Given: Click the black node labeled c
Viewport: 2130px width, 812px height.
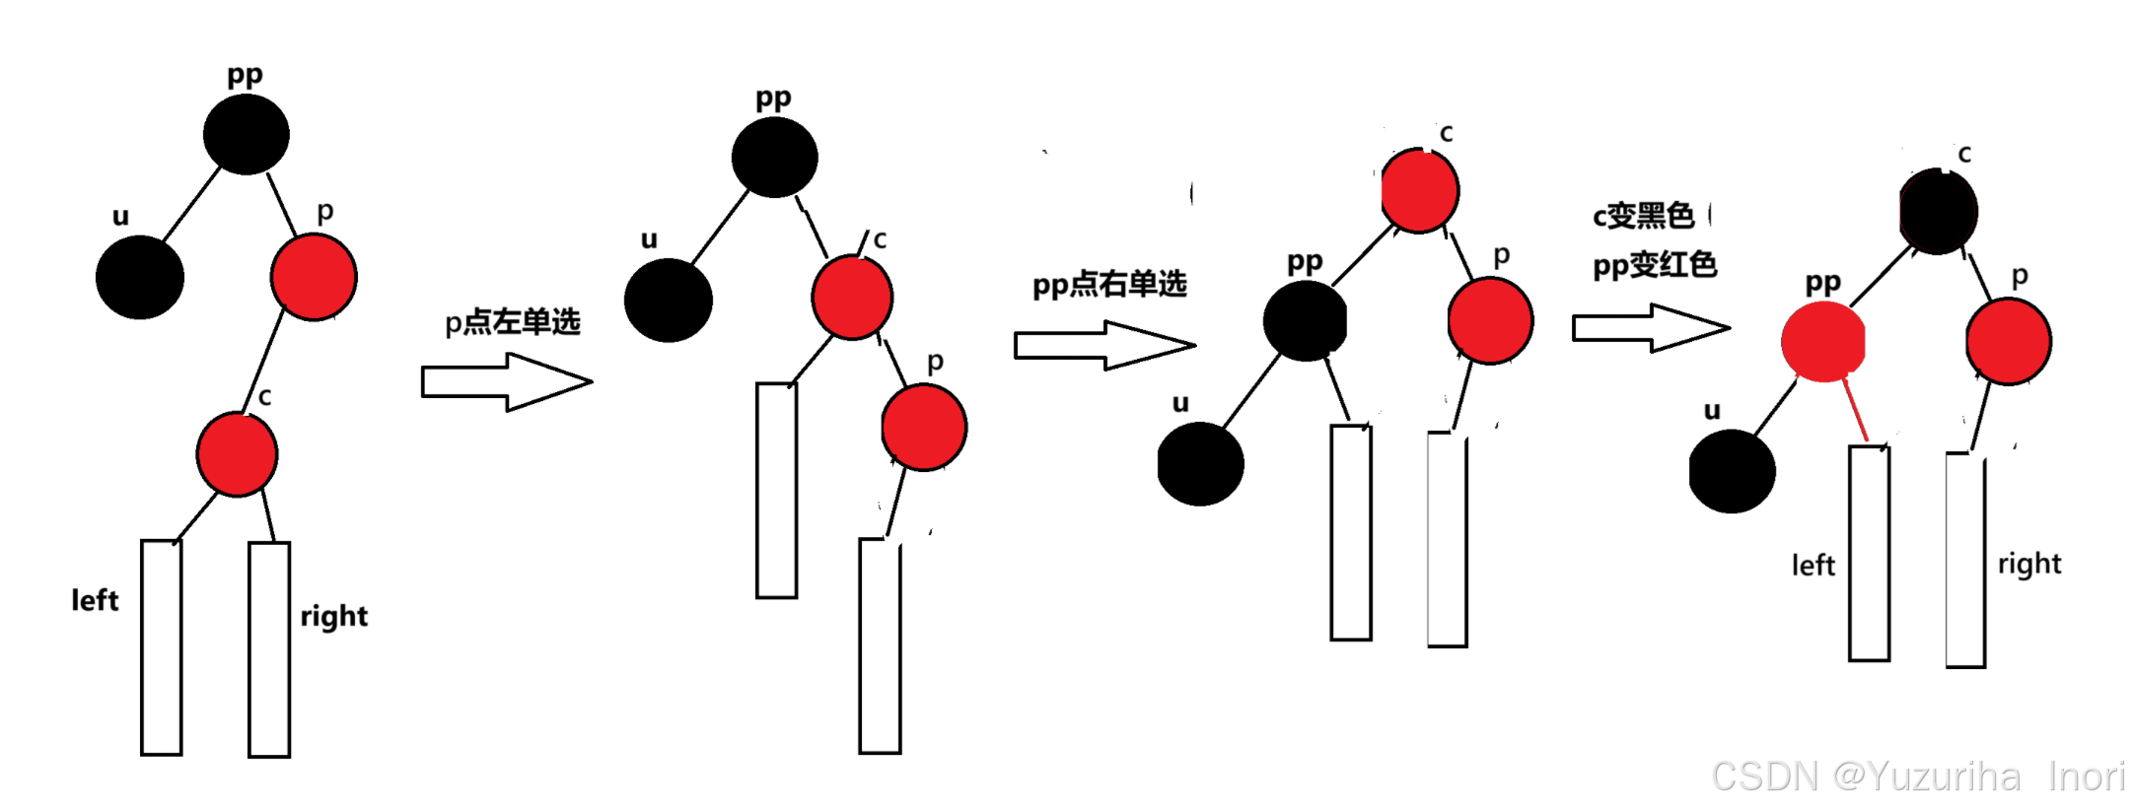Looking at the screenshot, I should tap(1938, 212).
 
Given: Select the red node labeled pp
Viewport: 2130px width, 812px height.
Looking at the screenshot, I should tap(1823, 341).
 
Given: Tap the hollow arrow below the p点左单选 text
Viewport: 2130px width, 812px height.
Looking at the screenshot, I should tap(506, 381).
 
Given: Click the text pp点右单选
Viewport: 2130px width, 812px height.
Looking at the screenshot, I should tap(1109, 285).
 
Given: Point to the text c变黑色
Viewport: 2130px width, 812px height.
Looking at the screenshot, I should tap(1643, 216).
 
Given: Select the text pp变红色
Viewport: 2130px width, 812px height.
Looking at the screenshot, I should tap(1655, 265).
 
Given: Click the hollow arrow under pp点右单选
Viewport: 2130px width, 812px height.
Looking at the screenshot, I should tap(1103, 345).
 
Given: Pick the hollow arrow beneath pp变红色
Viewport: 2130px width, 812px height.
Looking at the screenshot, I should tap(1650, 327).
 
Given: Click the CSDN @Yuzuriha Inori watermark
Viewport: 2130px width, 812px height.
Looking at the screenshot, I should tap(1917, 777).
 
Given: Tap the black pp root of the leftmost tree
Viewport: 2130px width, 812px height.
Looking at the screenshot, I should tap(246, 134).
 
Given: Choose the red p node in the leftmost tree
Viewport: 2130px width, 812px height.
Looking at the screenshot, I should tap(314, 277).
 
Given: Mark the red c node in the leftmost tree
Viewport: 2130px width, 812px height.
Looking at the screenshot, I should tap(237, 454).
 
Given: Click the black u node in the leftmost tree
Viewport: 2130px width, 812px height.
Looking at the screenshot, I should tap(140, 277).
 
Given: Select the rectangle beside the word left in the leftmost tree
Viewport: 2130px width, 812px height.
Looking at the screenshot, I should tap(162, 647).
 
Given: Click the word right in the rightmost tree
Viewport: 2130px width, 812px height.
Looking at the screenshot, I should tap(2029, 564).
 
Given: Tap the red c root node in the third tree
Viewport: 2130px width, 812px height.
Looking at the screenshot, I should tap(1420, 191).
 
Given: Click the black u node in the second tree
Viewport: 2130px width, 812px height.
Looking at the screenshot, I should tap(669, 301).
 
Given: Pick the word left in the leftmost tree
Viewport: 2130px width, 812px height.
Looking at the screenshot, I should tap(95, 600).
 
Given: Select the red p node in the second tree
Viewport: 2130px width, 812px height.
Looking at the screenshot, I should tap(924, 428).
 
